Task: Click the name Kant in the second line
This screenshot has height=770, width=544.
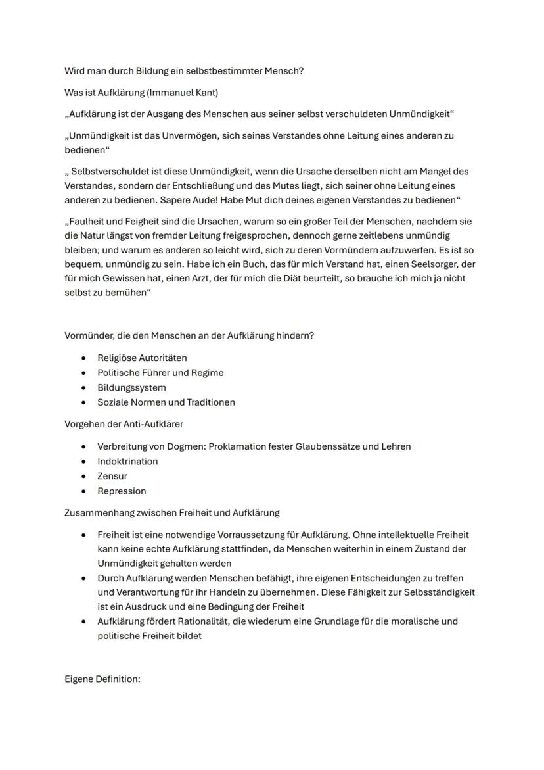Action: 215,93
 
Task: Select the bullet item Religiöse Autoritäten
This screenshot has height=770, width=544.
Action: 142,358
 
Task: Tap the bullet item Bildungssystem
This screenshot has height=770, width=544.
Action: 131,388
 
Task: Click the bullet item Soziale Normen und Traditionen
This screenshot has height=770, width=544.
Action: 166,402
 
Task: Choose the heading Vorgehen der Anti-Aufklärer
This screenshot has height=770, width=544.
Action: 124,424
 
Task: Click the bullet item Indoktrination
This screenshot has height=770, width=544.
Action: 127,462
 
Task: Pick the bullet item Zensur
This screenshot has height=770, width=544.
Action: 112,476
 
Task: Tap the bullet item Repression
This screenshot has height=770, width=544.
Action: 122,491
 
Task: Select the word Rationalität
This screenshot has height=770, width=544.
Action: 201,621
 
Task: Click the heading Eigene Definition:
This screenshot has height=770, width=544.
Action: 102,679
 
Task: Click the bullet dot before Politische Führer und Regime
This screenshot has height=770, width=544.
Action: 83,373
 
